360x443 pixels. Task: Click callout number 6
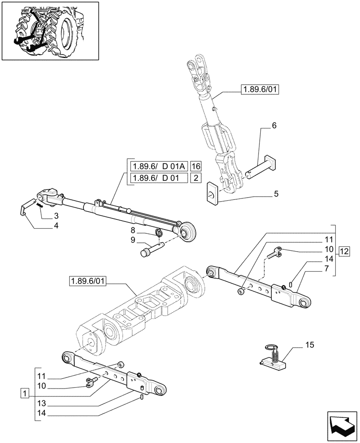click(x=274, y=126)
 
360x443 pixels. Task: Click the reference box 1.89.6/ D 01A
click(x=158, y=167)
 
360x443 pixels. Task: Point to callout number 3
click(x=56, y=216)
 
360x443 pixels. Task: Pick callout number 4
click(x=56, y=226)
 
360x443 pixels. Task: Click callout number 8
click(x=133, y=230)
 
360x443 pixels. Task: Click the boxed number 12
click(x=344, y=252)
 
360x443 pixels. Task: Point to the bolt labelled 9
click(x=151, y=248)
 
